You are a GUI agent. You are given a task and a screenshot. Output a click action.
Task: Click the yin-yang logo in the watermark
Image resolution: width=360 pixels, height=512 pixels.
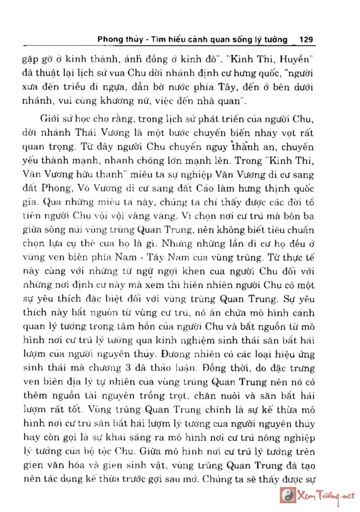(x=288, y=495)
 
